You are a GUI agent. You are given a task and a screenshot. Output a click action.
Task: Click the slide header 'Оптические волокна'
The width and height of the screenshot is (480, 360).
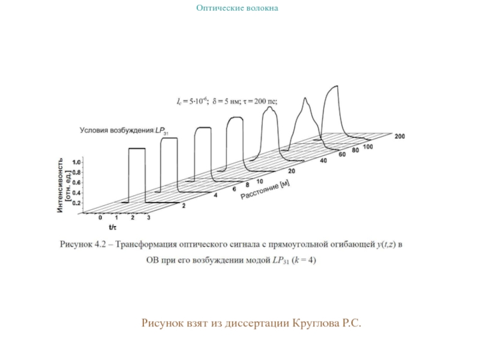click(x=238, y=8)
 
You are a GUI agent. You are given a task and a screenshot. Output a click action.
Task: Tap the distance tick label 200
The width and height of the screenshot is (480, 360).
click(x=400, y=136)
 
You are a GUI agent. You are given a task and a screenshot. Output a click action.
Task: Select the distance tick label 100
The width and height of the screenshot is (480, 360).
click(x=367, y=147)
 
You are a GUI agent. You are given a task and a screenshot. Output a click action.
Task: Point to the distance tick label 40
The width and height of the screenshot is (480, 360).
click(x=323, y=161)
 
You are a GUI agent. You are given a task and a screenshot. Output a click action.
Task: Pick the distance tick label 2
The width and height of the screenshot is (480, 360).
click(x=183, y=206)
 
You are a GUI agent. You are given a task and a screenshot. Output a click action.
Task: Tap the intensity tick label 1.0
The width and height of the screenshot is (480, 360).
click(x=76, y=163)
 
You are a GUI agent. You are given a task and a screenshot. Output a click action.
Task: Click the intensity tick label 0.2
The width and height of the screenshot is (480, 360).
click(x=76, y=203)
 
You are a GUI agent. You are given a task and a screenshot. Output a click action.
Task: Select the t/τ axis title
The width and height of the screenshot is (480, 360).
click(x=112, y=227)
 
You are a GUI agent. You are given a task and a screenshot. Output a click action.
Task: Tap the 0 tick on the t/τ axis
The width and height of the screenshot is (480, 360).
click(x=100, y=217)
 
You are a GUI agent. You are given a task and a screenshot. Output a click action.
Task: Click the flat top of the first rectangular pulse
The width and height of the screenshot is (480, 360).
click(x=137, y=148)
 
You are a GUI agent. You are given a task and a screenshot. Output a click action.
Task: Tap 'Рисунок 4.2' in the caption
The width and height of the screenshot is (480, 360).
click(x=84, y=245)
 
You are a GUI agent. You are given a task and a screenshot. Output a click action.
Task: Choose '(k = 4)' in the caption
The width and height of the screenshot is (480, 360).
click(x=305, y=260)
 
